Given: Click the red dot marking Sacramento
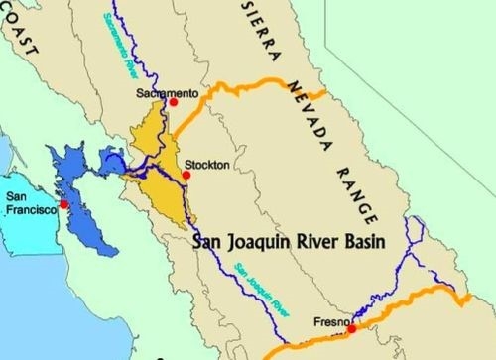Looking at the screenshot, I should [x=174, y=101].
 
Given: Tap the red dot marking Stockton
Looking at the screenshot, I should [x=186, y=176].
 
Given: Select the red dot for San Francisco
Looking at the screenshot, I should [x=63, y=204].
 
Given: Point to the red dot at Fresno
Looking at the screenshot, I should [x=351, y=326].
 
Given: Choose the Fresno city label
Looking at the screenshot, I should [x=330, y=320].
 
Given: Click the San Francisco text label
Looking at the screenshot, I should [x=27, y=205].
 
